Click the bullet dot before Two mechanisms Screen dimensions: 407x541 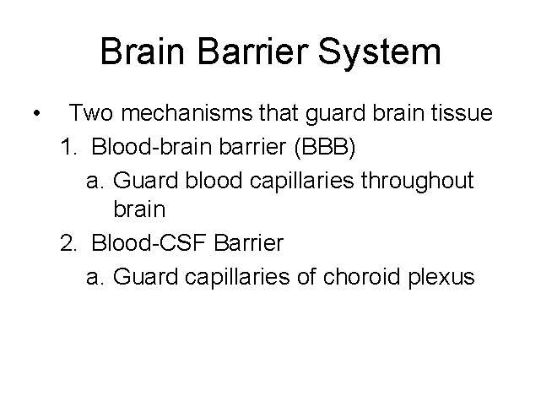33,113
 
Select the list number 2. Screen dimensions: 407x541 67,243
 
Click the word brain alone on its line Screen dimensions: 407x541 138,211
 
